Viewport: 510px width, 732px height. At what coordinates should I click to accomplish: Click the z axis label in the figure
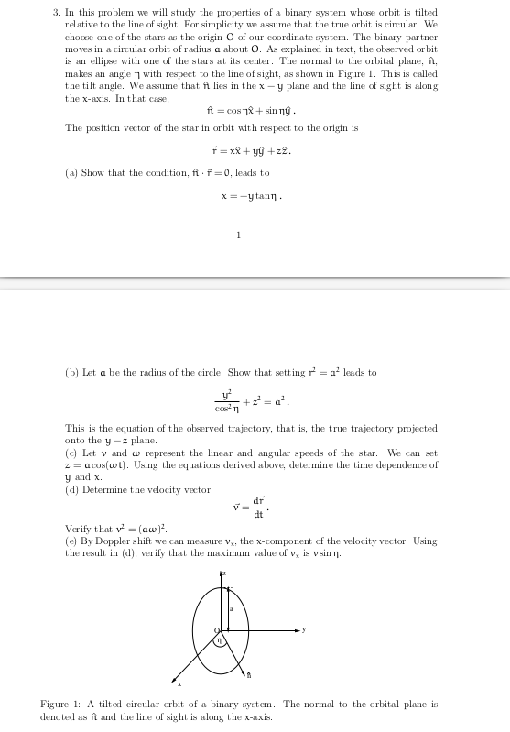click(x=222, y=573)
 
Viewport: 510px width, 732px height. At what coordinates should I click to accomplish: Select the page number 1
click(x=238, y=235)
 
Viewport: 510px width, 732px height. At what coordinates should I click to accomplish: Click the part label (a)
click(x=72, y=172)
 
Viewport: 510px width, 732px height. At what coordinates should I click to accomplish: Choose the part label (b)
click(x=72, y=373)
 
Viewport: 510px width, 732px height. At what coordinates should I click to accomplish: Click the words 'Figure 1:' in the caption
click(x=60, y=705)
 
